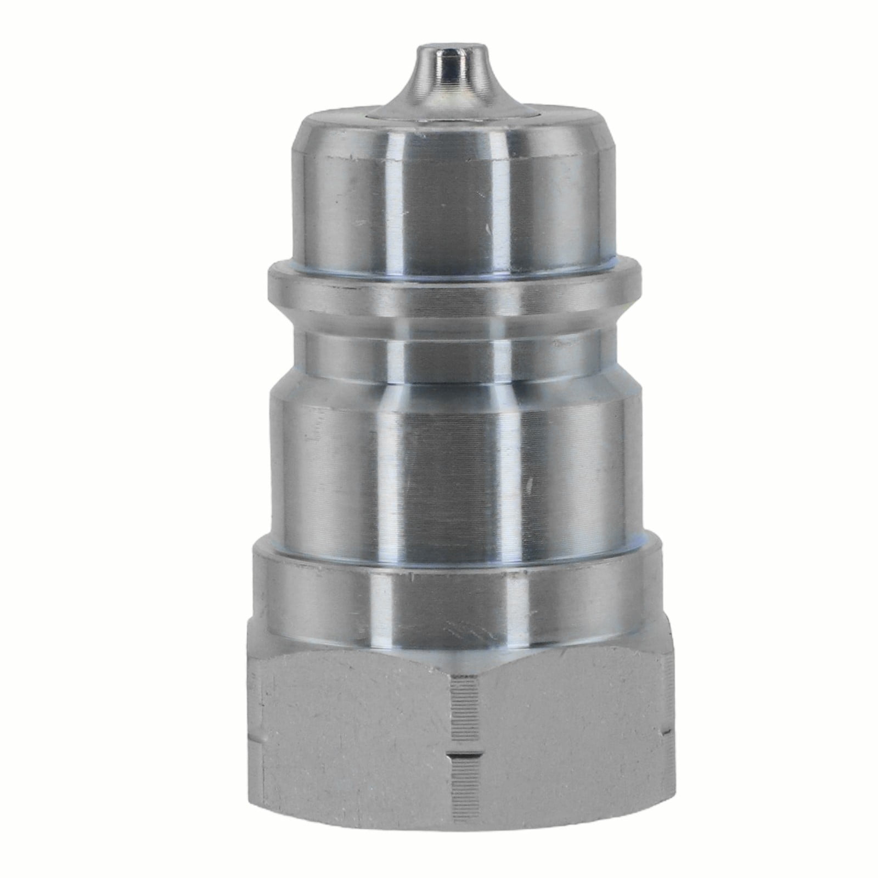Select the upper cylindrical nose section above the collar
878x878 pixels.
[x=439, y=192]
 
